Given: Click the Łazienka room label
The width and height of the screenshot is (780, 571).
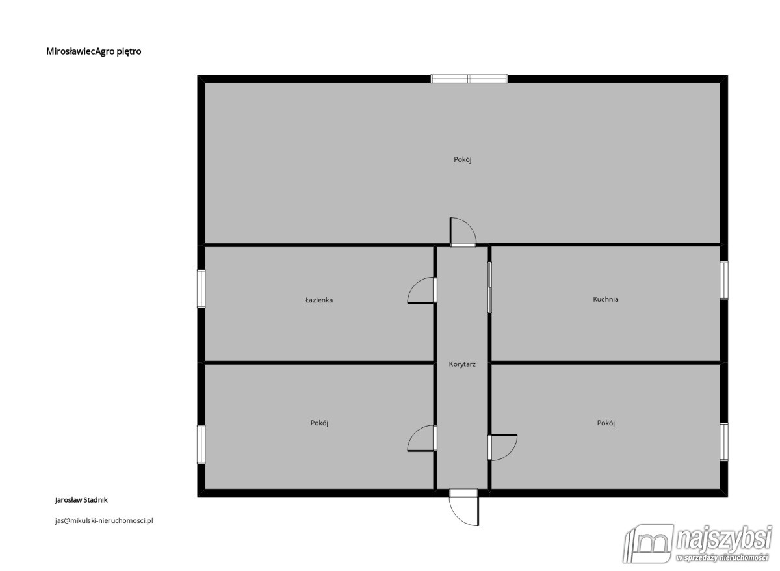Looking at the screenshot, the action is [319, 300].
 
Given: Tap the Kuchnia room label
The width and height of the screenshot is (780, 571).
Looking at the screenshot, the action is [606, 299].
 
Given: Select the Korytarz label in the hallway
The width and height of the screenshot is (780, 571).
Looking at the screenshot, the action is [462, 364].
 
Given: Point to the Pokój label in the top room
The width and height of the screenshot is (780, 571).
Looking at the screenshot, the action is [462, 159].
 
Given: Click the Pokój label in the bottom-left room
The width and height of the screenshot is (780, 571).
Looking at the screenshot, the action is [319, 423].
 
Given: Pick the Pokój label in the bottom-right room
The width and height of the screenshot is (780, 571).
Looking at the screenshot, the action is [606, 423].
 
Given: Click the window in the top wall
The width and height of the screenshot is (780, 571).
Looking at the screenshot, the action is [469, 79].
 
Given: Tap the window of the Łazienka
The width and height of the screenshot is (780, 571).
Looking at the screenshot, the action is [201, 289].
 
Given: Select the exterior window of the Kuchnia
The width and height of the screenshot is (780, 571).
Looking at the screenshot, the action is [724, 280].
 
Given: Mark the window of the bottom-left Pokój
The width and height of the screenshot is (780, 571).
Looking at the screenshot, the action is [201, 445].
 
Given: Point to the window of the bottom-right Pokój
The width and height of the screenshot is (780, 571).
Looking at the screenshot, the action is [724, 442].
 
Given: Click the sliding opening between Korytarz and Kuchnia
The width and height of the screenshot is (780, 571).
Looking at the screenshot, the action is [489, 287].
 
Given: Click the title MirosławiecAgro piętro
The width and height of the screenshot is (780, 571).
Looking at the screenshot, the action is [94, 51].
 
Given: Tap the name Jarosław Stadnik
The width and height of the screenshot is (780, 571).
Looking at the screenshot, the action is [81, 500].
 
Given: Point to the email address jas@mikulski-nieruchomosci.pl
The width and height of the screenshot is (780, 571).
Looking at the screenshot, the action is [104, 520].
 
